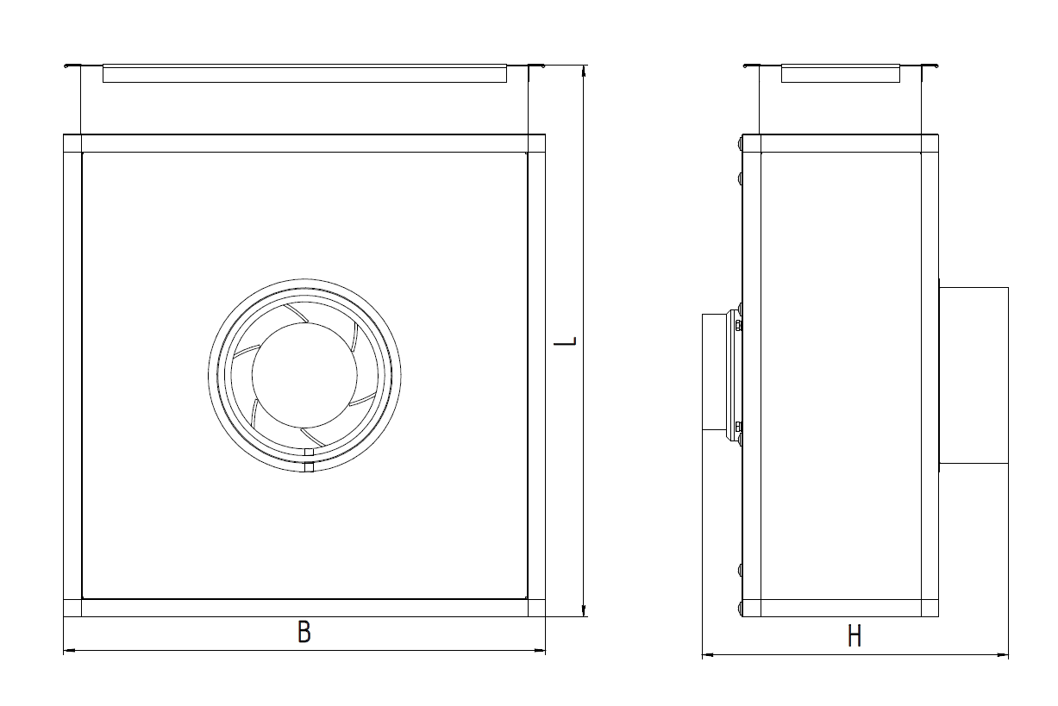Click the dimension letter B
coord(304,632)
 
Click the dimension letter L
coord(566,341)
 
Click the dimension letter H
coord(855,635)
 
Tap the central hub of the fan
coord(304,376)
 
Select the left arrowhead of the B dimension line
coord(69,651)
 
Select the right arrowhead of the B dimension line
coord(540,651)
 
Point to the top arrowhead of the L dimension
coord(584,71)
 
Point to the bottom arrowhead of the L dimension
coord(584,610)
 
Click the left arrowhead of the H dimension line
coord(708,655)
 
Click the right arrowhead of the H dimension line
coord(1003,655)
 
